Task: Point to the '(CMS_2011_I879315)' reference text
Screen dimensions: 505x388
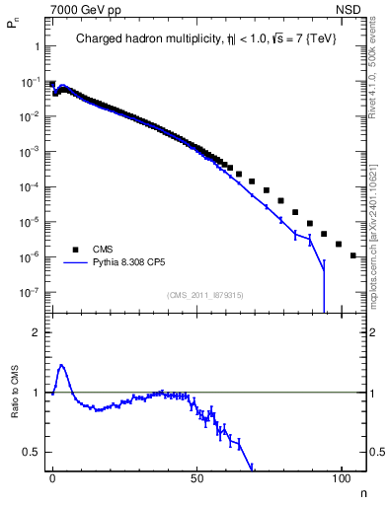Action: click(x=204, y=295)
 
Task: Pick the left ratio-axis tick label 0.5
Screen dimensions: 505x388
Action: click(x=33, y=452)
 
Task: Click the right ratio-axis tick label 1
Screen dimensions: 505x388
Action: click(x=373, y=393)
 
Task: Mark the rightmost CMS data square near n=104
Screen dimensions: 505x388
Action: click(x=353, y=255)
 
